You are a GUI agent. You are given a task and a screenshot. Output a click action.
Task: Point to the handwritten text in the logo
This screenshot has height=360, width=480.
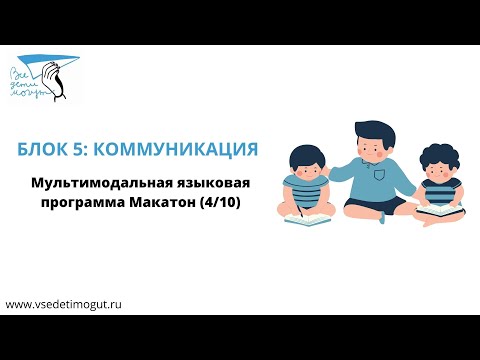(32, 80)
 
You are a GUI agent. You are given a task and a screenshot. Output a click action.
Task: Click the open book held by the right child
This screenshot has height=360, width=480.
(437, 211)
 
